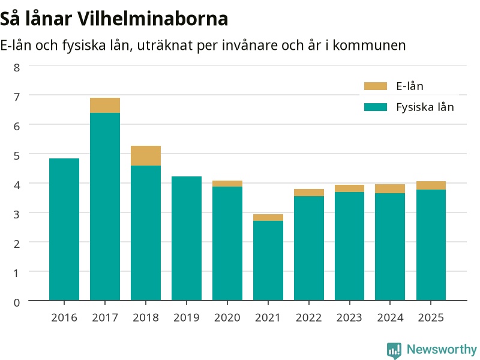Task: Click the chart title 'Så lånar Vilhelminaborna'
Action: tap(114, 19)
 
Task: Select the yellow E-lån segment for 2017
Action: tap(105, 106)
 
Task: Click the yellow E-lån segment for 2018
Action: tap(146, 156)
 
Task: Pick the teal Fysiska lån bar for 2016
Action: tap(64, 229)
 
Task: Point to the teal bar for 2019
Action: tap(187, 238)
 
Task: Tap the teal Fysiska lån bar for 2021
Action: tap(268, 260)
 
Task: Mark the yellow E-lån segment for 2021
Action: tap(268, 217)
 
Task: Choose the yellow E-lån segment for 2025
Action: tap(431, 185)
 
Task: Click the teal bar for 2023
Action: tap(350, 246)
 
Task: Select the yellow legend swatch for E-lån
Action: tap(376, 86)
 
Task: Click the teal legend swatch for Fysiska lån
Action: tap(376, 107)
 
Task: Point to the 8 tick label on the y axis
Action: tap(17, 68)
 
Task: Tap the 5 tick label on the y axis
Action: tap(17, 155)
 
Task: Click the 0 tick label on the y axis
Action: tap(17, 302)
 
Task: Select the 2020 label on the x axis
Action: tap(227, 318)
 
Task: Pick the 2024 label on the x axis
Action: tap(390, 318)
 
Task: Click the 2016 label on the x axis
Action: tap(64, 318)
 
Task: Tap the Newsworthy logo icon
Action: tap(394, 350)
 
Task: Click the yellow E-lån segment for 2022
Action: tap(309, 193)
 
